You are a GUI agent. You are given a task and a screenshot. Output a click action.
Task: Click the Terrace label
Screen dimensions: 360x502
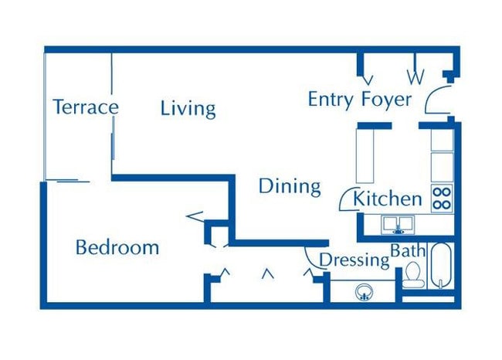click(x=85, y=107)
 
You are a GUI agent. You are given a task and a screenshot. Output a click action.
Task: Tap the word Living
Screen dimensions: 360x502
click(x=188, y=108)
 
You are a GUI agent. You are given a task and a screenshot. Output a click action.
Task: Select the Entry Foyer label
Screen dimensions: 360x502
click(x=360, y=100)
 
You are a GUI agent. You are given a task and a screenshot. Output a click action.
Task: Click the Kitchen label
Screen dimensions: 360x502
click(x=388, y=199)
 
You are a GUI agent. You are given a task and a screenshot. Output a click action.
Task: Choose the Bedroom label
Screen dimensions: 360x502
click(x=117, y=248)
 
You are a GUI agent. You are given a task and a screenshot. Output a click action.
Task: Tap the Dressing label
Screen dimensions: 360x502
click(x=354, y=260)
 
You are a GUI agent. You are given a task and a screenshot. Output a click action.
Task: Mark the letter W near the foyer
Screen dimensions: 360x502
click(x=416, y=77)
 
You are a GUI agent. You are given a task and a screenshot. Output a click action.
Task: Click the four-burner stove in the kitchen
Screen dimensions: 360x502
click(x=442, y=199)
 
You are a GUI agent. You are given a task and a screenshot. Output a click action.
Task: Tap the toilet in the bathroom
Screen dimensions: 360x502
click(x=413, y=273)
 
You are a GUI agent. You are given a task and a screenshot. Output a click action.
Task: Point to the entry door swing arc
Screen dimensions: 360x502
click(x=434, y=99)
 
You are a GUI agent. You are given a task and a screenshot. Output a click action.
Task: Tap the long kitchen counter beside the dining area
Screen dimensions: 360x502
click(x=365, y=155)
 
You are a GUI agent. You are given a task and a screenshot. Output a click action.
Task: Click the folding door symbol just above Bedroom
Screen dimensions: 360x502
click(x=196, y=216)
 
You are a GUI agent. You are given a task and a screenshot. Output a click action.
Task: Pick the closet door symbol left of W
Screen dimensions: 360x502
click(x=368, y=79)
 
